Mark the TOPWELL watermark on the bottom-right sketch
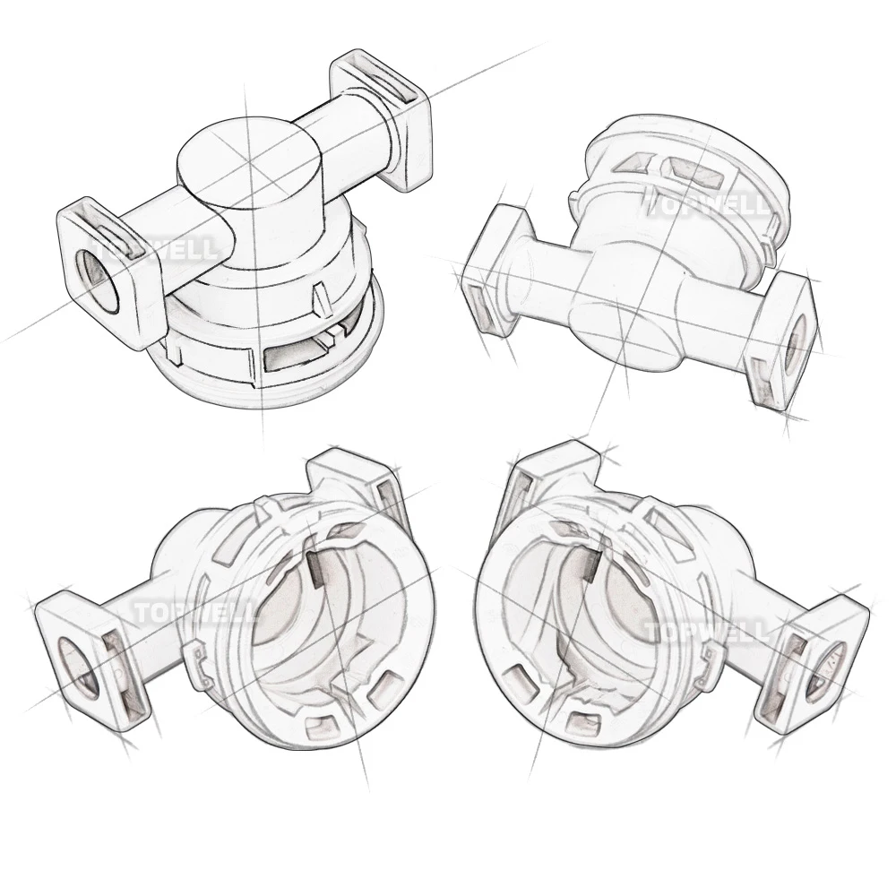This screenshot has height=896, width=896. point(708,631)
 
